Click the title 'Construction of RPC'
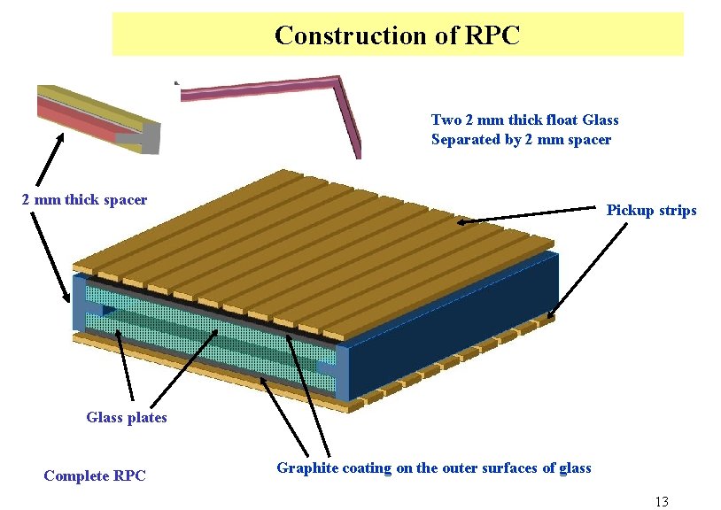[397, 35]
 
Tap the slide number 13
[661, 502]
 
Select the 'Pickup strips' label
[651, 211]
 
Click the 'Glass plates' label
[127, 418]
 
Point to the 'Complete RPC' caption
[95, 476]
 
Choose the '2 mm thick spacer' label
[84, 200]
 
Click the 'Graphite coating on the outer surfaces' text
[433, 467]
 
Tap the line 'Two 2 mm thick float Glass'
[524, 120]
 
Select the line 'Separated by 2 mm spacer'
[521, 140]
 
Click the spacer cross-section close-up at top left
[97, 120]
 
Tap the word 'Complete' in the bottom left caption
[76, 476]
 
